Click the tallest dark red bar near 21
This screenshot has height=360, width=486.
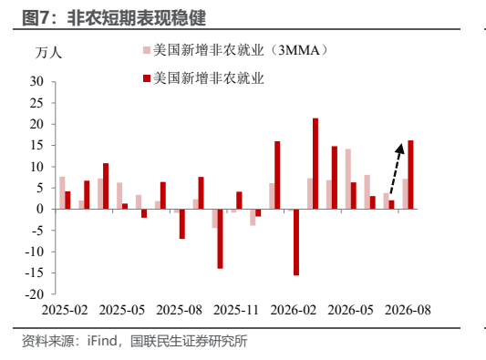315,163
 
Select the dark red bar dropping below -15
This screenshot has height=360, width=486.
296,242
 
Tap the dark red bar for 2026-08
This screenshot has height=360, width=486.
410,175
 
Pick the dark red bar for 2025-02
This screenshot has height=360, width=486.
67,201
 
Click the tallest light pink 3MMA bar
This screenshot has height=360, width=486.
348,179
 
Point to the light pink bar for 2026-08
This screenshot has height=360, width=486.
405,194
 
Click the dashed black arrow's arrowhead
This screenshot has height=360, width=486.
400,149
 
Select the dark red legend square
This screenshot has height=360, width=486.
147,78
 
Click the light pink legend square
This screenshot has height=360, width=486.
147,50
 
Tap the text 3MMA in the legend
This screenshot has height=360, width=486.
298,50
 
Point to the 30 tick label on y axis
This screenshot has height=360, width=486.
36,81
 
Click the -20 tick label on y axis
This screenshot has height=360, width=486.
35,294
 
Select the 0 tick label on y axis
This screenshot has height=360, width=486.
40,209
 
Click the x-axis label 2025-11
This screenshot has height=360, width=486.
236,310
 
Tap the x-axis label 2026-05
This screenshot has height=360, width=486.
350,310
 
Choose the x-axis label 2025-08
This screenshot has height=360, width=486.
179,310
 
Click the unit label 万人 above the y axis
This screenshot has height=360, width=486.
48,53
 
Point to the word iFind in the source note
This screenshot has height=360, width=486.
102,341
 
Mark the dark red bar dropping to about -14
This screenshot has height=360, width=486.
220,239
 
